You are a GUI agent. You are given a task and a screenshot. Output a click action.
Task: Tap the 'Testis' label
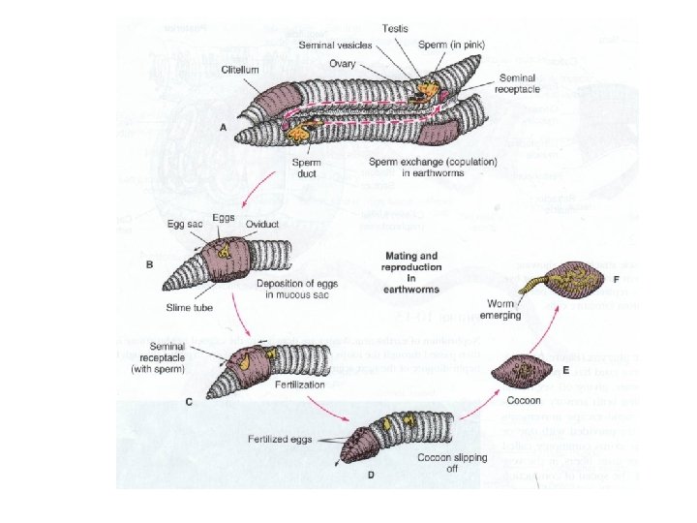coord(395,29)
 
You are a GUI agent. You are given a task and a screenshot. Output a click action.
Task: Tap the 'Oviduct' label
coord(261,222)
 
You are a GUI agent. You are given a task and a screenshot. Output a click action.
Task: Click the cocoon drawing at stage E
coord(522,368)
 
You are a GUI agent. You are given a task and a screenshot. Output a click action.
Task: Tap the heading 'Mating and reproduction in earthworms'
coord(410,271)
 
